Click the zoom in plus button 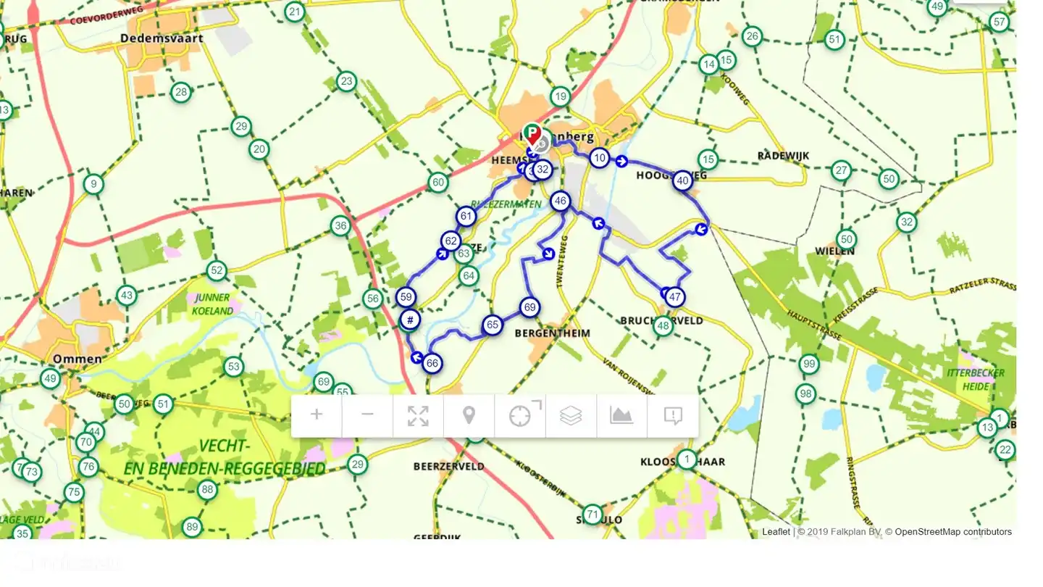coord(317,415)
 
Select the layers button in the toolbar coord(571,415)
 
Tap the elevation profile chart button coord(621,415)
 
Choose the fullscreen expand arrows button coord(418,415)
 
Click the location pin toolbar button coord(469,415)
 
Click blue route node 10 coord(599,157)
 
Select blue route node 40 coord(682,180)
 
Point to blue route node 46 coord(560,201)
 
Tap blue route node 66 coord(432,363)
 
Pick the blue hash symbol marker coord(410,320)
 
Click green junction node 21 coord(294,12)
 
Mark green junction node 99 coord(808,364)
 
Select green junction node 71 coord(592,515)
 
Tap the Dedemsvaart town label coord(162,38)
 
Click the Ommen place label coord(77,359)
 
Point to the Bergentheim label coord(552,333)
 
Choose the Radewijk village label coord(783,156)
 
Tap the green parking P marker coord(532,133)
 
